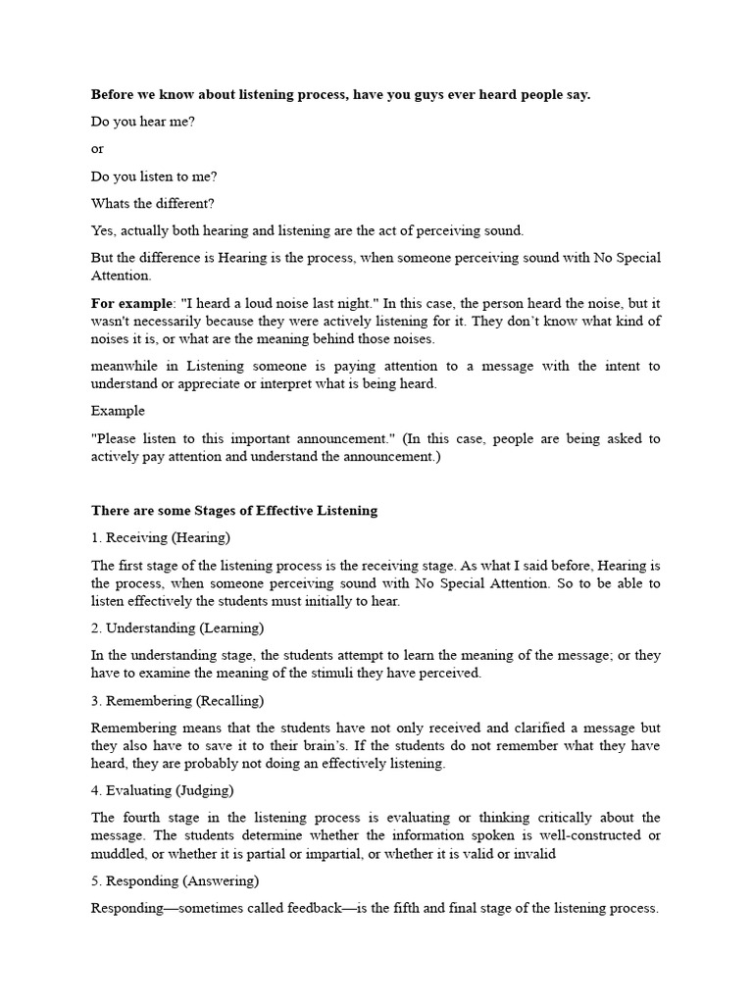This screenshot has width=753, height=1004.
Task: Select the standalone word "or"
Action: (98, 149)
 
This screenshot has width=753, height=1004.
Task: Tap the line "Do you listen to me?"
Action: (154, 176)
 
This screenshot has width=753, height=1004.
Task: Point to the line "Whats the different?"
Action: (152, 203)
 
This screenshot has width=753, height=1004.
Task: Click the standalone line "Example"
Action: (118, 411)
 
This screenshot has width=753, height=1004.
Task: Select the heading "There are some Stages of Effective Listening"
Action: (234, 510)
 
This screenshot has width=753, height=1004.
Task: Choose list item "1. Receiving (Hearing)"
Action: (161, 537)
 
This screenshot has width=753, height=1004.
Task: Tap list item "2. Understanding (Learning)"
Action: (177, 627)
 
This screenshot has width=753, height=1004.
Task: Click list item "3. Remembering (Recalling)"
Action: (177, 701)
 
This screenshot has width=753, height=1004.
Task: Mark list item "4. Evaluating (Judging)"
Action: (163, 790)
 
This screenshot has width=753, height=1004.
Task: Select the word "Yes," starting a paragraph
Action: (104, 230)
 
